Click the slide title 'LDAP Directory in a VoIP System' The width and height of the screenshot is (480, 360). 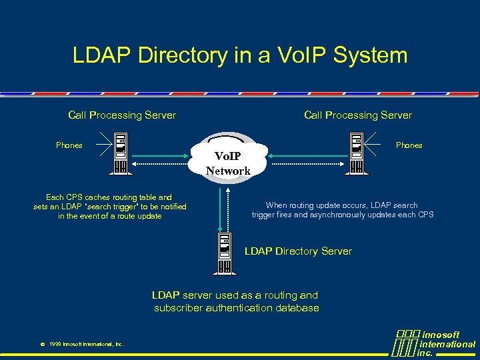(240, 55)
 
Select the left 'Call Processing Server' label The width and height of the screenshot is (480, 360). (122, 115)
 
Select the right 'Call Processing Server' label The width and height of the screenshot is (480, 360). (358, 115)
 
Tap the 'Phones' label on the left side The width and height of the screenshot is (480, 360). (69, 145)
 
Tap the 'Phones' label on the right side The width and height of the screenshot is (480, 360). (409, 145)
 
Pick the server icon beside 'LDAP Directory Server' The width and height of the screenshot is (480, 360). (223, 251)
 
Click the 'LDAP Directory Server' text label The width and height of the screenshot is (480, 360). (298, 251)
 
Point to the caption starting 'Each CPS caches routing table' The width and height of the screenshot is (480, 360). (109, 207)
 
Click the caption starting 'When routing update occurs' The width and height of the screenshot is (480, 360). (342, 210)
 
